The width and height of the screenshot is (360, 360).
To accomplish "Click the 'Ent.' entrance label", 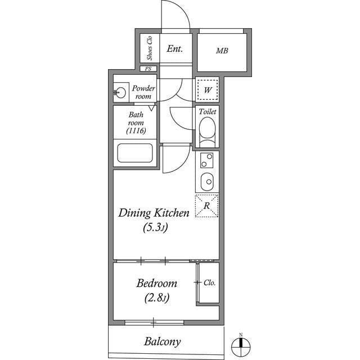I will click(x=175, y=49).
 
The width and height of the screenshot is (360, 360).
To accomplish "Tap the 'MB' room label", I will click(x=222, y=51).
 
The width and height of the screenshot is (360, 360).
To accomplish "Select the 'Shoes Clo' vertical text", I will click(x=150, y=48).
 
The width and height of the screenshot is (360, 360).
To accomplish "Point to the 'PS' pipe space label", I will click(x=148, y=69).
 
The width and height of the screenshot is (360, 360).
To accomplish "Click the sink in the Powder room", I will click(x=120, y=92).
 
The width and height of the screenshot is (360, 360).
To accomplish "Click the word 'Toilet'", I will click(x=207, y=112).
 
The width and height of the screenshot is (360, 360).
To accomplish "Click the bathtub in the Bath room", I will click(x=134, y=154).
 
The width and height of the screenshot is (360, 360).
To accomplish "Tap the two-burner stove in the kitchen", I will click(x=207, y=163).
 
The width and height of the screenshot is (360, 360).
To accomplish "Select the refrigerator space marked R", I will click(x=206, y=206).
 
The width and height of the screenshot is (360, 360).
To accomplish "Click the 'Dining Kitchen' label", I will click(x=153, y=213).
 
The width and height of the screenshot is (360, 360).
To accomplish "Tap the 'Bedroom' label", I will click(x=157, y=283).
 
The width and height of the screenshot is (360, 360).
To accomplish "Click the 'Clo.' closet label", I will click(x=209, y=283).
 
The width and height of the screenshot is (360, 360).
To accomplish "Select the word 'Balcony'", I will click(x=162, y=341).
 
